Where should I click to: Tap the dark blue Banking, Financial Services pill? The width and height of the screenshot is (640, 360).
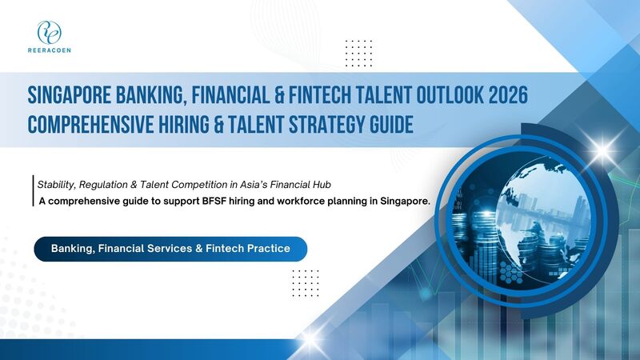pos(170,249)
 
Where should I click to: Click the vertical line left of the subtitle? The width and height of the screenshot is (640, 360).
pos(32,192)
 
